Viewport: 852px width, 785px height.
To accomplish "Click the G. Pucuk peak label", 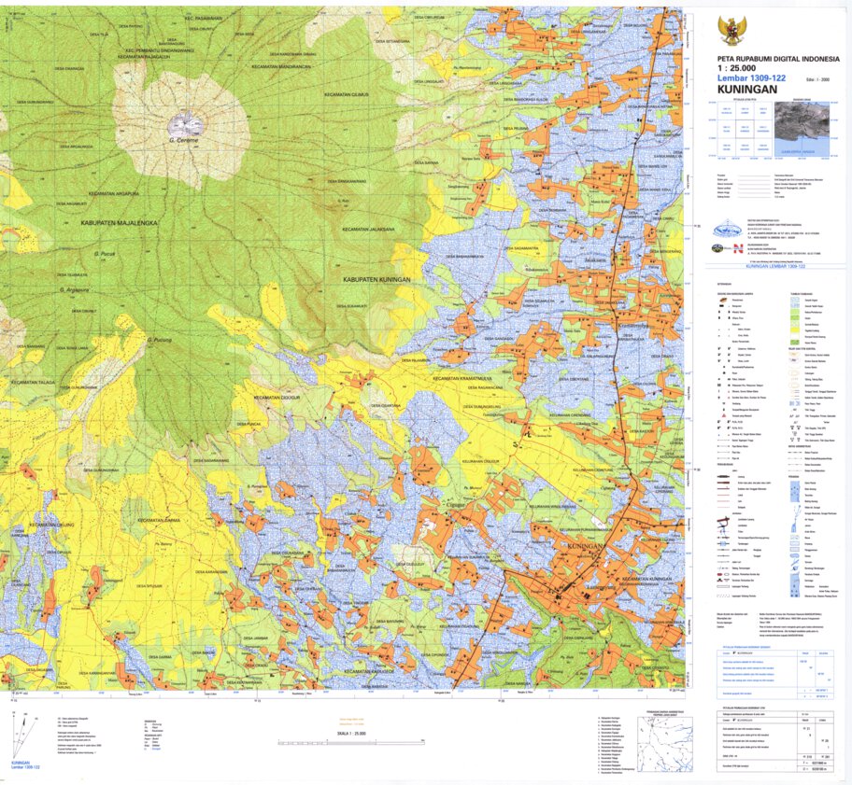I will (103, 253).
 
